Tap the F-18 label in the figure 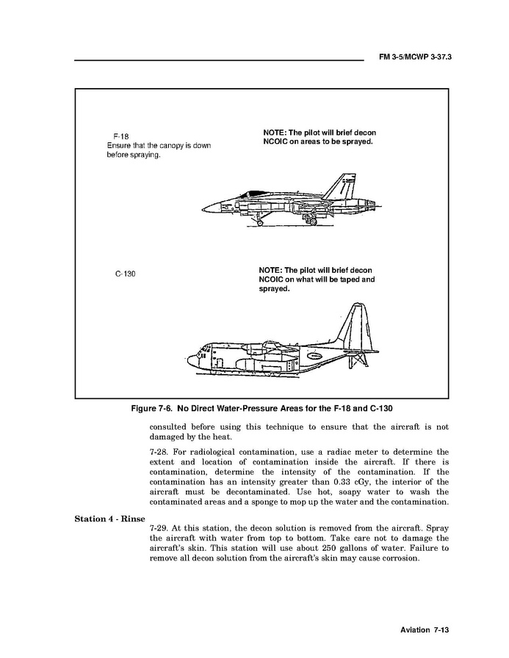pyautogui.click(x=121, y=136)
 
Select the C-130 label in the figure pyautogui.click(x=126, y=274)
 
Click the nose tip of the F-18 pyautogui.click(x=203, y=205)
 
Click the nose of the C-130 pyautogui.click(x=190, y=360)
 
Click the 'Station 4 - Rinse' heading pyautogui.click(x=109, y=519)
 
